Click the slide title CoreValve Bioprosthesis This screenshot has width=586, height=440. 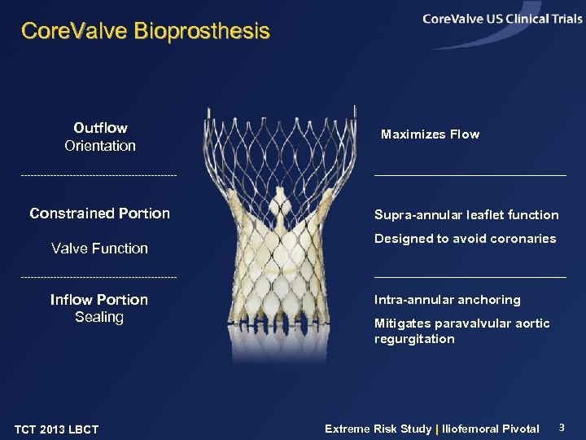tap(145, 32)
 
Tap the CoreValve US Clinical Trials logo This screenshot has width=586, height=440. tap(502, 20)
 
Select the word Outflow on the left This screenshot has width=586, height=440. tap(100, 128)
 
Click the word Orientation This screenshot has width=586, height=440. tap(100, 146)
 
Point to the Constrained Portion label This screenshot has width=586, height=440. tap(100, 213)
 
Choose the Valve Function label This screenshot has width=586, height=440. tap(100, 249)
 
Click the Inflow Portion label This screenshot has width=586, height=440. tap(99, 300)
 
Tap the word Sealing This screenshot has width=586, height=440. tap(99, 317)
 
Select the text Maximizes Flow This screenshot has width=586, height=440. tap(430, 134)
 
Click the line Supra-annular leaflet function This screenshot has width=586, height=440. tap(466, 215)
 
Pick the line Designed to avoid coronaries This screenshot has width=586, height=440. tap(465, 239)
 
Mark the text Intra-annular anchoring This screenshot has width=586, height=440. tap(447, 300)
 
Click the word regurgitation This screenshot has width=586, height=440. tap(414, 339)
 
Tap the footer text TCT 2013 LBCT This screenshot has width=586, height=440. tap(56, 429)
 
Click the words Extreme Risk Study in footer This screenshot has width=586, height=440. tap(378, 429)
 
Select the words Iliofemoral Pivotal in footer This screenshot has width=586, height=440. tap(491, 429)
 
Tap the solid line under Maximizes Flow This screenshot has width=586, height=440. tap(470, 175)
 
